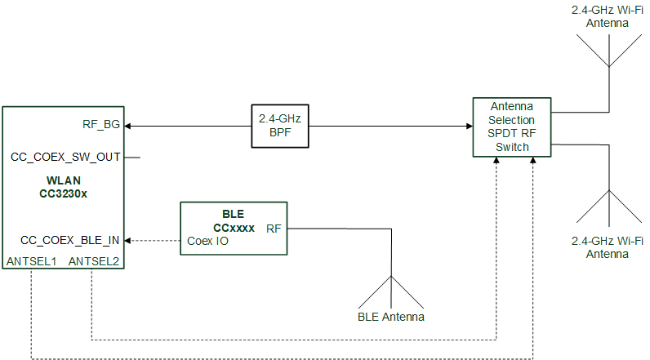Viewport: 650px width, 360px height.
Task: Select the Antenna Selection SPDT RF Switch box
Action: pos(511,127)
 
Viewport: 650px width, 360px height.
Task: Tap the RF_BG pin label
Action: pos(101,125)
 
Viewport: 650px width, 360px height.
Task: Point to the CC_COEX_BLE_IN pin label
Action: pos(69,240)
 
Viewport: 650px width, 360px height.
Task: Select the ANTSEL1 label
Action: pos(30,261)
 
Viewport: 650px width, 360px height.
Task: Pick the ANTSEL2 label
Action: pos(93,261)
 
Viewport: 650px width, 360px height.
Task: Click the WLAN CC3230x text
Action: pos(65,187)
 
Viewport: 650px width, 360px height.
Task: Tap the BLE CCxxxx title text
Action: pos(234,221)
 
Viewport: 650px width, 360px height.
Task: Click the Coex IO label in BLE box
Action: pos(207,241)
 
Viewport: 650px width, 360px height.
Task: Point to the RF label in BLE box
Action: pos(274,229)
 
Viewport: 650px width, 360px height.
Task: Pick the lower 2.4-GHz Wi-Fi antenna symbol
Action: pos(608,208)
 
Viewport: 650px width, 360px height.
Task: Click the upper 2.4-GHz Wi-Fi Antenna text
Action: pos(606,17)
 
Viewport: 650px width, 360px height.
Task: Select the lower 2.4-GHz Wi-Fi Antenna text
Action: pos(606,247)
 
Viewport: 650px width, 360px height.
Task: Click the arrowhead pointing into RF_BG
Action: pos(127,126)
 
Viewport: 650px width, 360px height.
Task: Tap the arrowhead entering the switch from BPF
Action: pos(469,126)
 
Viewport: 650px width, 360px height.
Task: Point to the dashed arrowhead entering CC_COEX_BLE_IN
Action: pos(127,241)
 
